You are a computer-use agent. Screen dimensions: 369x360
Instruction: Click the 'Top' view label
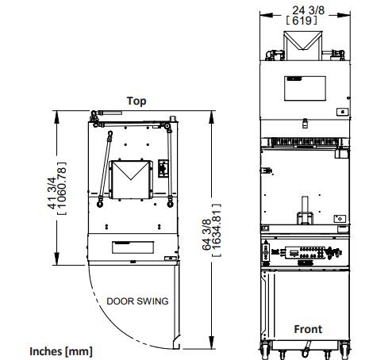coord(136,101)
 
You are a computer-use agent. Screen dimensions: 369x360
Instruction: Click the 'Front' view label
coord(308,329)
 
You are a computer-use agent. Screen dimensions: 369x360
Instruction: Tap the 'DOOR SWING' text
coord(137,301)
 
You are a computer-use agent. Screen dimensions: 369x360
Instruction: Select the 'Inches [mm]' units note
coord(61,351)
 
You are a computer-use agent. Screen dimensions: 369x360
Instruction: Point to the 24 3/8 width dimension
coord(308,10)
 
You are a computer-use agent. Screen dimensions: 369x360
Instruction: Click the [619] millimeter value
coord(302,21)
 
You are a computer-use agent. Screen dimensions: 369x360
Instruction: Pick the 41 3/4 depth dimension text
coord(52,193)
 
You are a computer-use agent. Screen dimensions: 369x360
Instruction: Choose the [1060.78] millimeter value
coord(62,188)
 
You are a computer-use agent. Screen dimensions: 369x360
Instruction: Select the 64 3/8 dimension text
coord(206,235)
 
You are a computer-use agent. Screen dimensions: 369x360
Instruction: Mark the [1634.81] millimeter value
coord(217,230)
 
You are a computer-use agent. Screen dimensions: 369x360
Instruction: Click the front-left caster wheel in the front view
coord(265,348)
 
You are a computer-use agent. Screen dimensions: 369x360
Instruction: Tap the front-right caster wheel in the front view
coord(344,348)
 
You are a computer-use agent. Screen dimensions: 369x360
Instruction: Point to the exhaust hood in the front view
coord(303,45)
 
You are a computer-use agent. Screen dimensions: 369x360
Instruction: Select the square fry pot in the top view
coord(131,179)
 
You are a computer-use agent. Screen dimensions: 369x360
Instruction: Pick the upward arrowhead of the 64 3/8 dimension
coord(211,117)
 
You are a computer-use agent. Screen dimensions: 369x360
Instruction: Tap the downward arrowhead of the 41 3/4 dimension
coord(56,259)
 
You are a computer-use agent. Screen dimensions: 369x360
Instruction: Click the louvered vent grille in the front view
coord(305,142)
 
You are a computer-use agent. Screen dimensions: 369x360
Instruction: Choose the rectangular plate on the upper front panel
coord(305,88)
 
